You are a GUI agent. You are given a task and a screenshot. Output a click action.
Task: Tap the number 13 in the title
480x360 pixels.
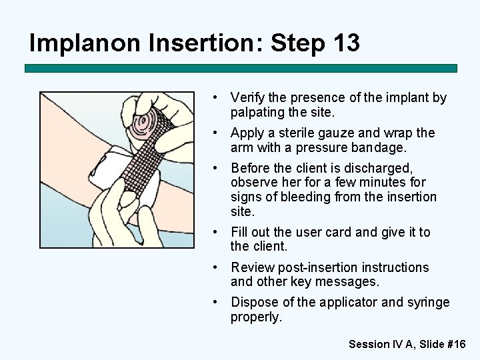coord(347,42)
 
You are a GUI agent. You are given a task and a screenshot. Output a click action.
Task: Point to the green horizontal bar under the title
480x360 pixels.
coord(241,68)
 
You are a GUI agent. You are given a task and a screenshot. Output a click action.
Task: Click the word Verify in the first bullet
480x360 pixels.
coord(248,98)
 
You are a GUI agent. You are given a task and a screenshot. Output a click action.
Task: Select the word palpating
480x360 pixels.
coord(254,113)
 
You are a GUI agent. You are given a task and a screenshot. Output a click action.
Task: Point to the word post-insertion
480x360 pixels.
coord(318,267)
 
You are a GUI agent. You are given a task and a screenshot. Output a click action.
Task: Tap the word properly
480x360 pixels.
coord(256,317)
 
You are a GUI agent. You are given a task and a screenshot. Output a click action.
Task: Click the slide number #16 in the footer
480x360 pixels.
coord(457,345)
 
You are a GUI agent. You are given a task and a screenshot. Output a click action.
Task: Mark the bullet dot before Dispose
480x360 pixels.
coord(215,303)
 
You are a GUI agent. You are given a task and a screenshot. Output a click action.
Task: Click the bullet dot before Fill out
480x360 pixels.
coord(215,233)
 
